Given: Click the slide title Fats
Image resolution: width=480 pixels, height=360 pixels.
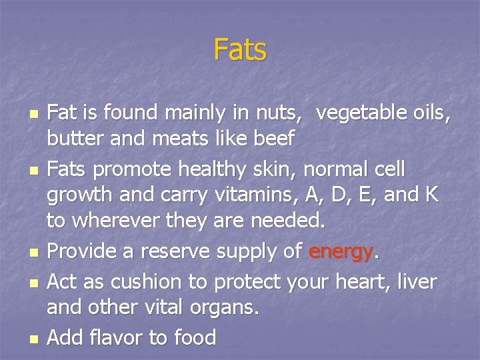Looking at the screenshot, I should pos(240,49).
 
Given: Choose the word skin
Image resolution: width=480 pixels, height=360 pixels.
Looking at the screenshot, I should pos(271,169).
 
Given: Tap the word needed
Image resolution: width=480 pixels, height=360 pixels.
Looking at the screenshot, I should pos(292,220).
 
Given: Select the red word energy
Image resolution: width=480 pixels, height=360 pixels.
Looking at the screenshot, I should pos(341,253).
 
